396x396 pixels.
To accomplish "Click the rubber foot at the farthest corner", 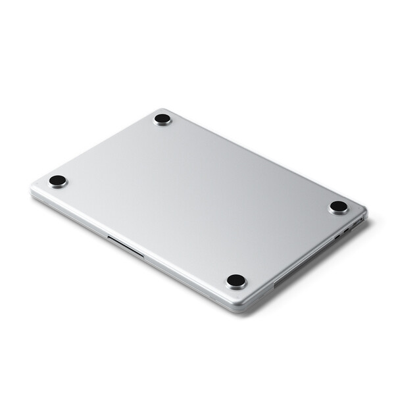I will click(162, 119).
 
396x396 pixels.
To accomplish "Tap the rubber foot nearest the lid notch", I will click(58, 180).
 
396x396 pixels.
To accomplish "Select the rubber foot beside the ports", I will click(339, 207).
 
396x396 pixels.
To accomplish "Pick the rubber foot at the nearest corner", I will click(236, 281).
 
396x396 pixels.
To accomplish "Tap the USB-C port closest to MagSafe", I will click(346, 230).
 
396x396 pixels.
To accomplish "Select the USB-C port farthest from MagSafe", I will click(337, 235).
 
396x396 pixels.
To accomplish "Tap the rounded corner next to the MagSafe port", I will click(364, 214).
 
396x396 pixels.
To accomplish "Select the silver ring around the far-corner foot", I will click(162, 124).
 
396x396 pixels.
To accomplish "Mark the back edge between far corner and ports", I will click(263, 161).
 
